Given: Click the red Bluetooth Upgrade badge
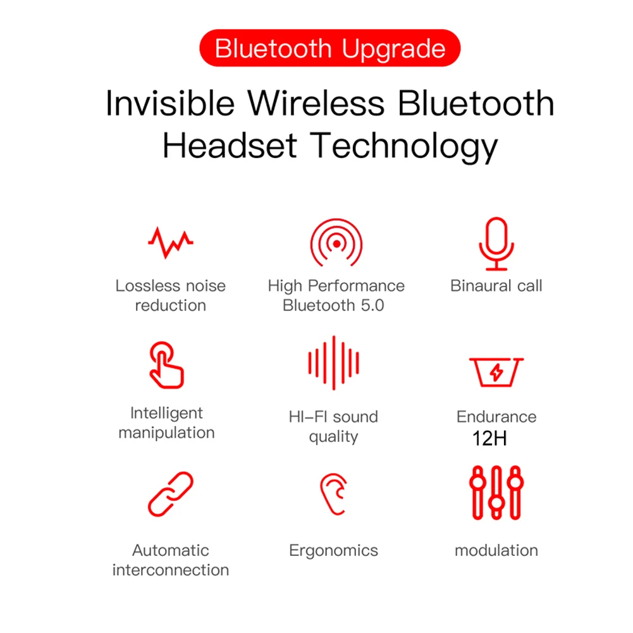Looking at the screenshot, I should click(x=329, y=49).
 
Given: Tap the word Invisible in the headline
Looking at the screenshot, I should click(x=169, y=103).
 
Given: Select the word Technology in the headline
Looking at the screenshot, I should click(x=405, y=145).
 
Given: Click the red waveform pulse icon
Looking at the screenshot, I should click(x=170, y=242).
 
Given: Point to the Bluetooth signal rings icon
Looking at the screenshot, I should click(x=336, y=243).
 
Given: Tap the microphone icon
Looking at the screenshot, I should click(x=496, y=244).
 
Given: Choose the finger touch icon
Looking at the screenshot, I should click(x=166, y=365).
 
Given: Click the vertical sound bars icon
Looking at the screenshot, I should click(x=333, y=363).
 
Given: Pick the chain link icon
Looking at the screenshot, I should click(x=170, y=494).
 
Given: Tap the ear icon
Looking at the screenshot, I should click(x=333, y=494).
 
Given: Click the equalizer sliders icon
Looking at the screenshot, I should click(x=496, y=493).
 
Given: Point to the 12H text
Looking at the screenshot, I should click(x=489, y=438).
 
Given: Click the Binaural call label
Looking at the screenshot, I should click(x=496, y=286).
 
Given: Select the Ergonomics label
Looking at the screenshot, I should click(x=333, y=550).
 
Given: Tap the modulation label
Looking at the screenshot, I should click(x=496, y=550).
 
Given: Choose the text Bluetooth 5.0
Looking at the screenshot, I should click(x=333, y=305).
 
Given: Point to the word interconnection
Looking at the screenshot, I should click(x=170, y=570).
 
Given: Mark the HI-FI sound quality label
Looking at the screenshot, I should click(x=333, y=427).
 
